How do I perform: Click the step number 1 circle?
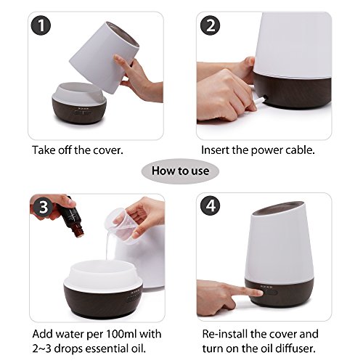[x=41, y=25]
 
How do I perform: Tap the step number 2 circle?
[x=210, y=25]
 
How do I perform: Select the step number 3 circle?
[x=44, y=207]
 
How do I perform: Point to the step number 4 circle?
[x=211, y=206]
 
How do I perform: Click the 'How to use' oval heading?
[x=180, y=171]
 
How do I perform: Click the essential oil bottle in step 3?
[x=72, y=219]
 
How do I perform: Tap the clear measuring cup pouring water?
[x=118, y=221]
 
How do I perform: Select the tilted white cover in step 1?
[x=105, y=57]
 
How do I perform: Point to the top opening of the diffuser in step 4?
[x=278, y=208]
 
